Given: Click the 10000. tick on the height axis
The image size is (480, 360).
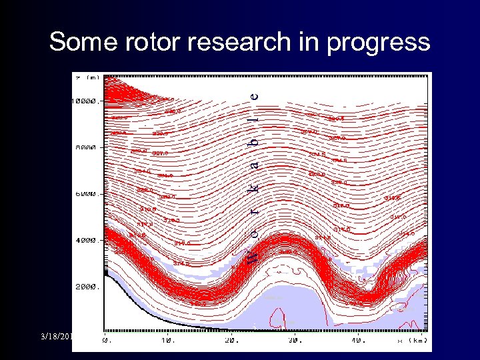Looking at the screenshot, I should (x=85, y=101).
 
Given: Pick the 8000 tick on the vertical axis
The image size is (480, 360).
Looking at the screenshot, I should (x=85, y=148).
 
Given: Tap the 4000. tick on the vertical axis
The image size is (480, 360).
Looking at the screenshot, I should (x=85, y=240).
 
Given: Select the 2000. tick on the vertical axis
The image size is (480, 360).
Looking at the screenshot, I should (x=85, y=287).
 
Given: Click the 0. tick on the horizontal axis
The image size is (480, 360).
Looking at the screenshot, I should (x=107, y=340).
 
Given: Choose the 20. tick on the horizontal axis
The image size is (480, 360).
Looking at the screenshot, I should (x=231, y=340).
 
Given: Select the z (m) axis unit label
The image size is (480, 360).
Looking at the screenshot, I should (x=87, y=77).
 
